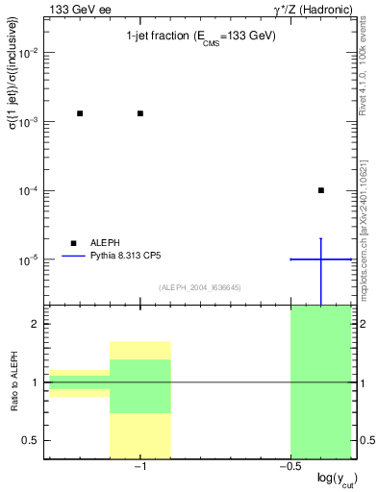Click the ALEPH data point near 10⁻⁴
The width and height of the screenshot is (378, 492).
click(321, 190)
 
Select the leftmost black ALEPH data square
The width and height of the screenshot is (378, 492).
click(80, 113)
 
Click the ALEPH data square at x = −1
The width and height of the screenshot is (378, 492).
click(140, 113)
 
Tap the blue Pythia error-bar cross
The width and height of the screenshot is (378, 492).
click(321, 258)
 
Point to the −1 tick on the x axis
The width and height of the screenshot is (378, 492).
click(140, 467)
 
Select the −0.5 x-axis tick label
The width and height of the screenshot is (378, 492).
click(289, 467)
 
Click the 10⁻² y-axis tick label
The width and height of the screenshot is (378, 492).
click(32, 53)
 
